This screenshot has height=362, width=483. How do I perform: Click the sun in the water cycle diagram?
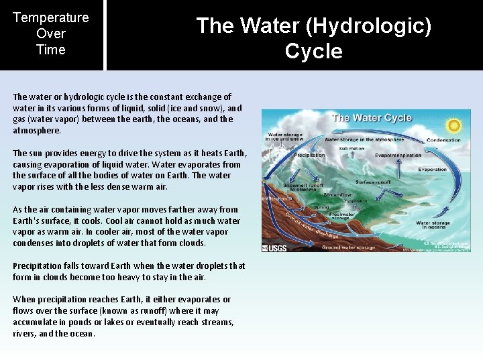[455, 125]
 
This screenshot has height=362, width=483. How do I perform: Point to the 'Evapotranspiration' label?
[398, 156]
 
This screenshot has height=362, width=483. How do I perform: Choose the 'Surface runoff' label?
[373, 181]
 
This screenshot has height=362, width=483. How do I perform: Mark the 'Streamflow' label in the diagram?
[337, 195]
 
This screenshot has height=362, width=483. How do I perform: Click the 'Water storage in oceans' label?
[433, 225]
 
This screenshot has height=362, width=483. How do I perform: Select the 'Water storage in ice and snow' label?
[286, 137]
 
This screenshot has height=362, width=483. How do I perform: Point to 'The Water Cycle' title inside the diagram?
[372, 118]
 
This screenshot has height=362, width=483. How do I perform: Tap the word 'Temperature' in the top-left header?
[51, 17]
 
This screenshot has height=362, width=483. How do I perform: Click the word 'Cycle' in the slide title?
[313, 51]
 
